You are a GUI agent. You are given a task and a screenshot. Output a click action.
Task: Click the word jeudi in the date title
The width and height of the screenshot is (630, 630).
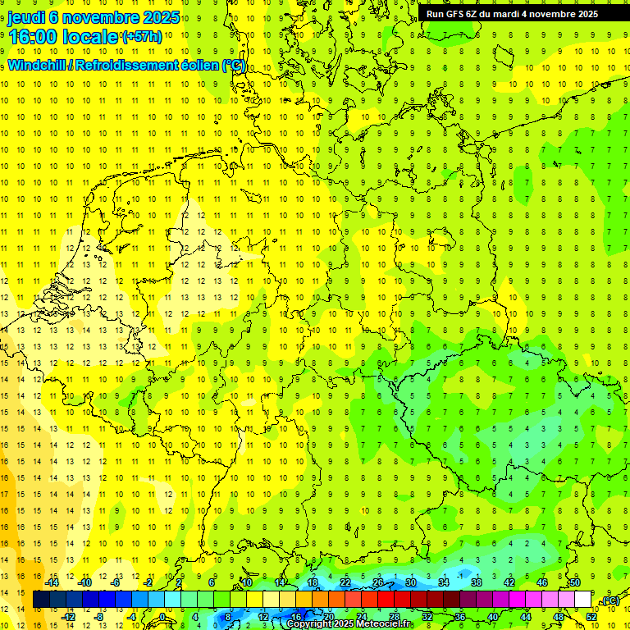(x=27, y=17)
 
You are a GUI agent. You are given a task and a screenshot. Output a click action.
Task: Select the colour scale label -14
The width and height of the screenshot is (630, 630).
(x=54, y=582)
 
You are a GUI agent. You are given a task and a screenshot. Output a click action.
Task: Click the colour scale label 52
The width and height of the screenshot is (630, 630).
(x=591, y=617)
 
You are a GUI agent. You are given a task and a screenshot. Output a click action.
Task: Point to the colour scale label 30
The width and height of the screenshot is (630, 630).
(x=410, y=582)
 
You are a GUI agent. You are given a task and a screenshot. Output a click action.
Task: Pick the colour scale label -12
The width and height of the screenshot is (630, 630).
(x=69, y=617)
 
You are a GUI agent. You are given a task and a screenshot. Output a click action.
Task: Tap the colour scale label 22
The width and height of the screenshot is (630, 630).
(x=345, y=582)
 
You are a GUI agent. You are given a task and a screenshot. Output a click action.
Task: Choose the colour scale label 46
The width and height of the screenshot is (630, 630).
(x=541, y=582)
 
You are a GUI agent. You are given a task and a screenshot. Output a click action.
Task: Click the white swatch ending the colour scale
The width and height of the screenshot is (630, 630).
(x=582, y=600)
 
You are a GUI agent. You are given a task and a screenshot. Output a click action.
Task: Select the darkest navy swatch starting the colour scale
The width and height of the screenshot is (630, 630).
(x=40, y=600)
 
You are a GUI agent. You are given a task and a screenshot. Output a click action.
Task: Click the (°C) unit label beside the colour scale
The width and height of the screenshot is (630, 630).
(x=610, y=601)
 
